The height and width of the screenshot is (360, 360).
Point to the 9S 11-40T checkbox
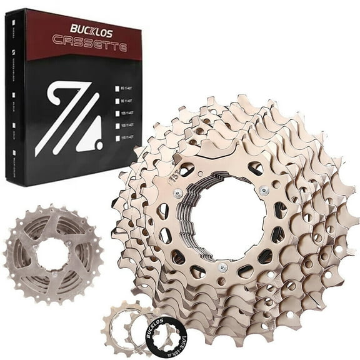coord(117,101)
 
